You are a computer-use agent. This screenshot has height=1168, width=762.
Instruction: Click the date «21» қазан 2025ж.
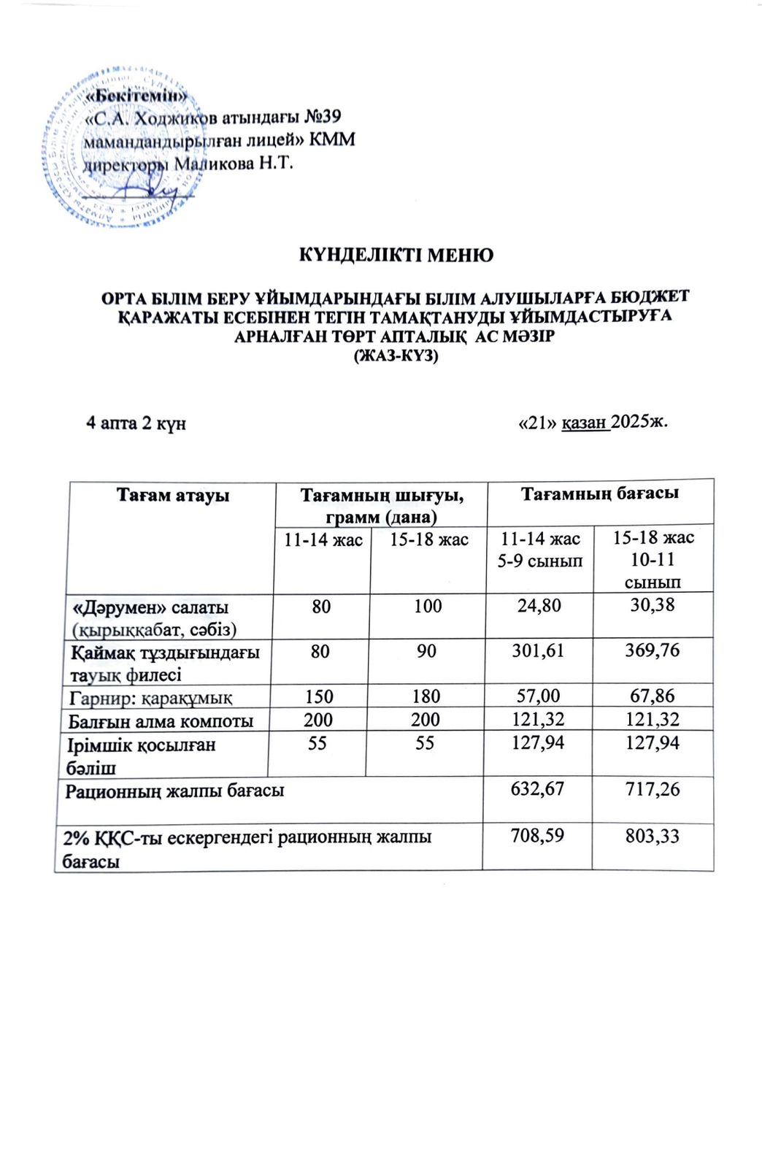point(592,423)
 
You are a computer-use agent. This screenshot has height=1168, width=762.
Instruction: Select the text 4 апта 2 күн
point(136,423)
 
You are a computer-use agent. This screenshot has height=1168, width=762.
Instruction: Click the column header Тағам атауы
point(173,495)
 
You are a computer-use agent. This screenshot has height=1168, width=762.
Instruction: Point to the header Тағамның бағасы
point(599,493)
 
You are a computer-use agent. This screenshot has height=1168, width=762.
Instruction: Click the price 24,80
point(539,605)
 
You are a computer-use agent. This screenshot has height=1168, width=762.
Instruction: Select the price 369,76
point(653,650)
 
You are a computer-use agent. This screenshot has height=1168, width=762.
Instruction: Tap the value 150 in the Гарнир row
point(319,696)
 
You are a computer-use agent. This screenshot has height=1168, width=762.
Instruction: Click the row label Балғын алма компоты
point(161,721)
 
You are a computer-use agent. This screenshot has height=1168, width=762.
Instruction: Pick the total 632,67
point(539,788)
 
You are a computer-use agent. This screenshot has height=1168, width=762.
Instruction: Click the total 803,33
point(653,835)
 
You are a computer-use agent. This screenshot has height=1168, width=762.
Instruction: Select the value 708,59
point(539,835)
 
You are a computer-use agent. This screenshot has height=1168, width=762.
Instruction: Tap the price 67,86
point(653,696)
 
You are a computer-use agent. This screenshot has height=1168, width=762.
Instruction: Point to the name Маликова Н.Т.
point(234,164)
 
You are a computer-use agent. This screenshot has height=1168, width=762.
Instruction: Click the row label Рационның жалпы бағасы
point(175,791)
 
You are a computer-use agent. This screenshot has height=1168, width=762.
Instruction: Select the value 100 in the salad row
point(427,606)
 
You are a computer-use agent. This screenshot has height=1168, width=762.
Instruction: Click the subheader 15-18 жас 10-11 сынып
point(653,560)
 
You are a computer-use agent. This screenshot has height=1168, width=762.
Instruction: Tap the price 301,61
point(538,650)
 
